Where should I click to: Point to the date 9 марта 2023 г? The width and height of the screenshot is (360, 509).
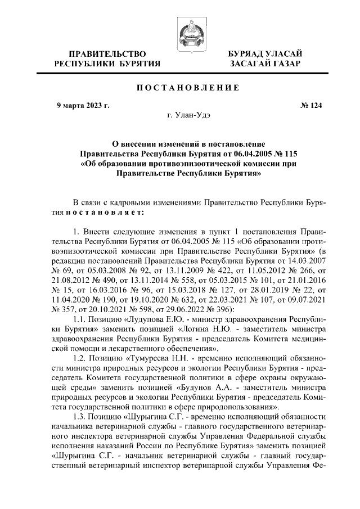pyautogui.click(x=84, y=105)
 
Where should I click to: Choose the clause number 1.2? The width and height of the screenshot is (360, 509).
pyautogui.click(x=81, y=357)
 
